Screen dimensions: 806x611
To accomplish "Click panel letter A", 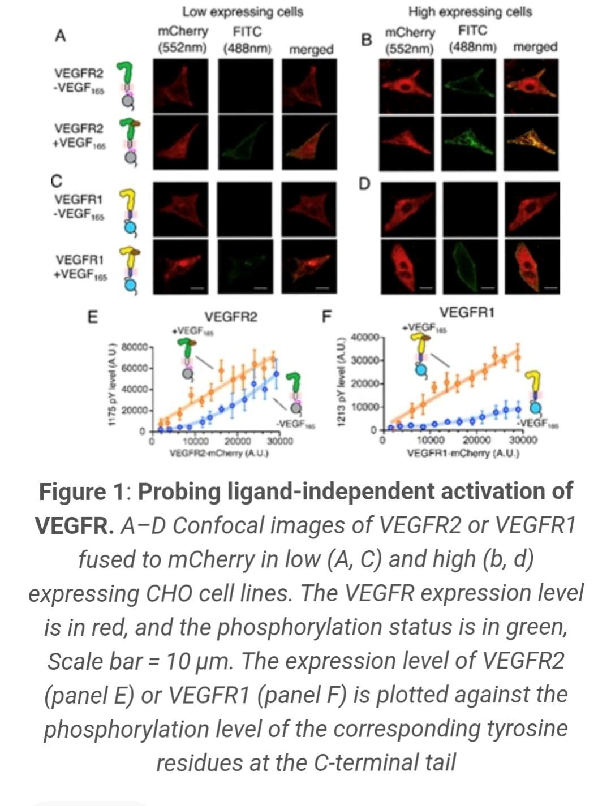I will pyautogui.click(x=61, y=36).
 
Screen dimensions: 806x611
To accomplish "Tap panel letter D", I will pyautogui.click(x=365, y=185).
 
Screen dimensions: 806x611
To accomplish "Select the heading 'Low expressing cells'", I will pyautogui.click(x=242, y=11).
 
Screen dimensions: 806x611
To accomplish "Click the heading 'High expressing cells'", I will pyautogui.click(x=470, y=11).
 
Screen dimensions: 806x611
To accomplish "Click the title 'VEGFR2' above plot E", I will pyautogui.click(x=230, y=317).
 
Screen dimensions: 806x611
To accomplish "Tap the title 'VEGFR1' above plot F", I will pyautogui.click(x=467, y=312).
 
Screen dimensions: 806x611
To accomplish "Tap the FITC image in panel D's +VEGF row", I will pyautogui.click(x=467, y=267).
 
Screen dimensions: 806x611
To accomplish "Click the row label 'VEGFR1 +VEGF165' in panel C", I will pyautogui.click(x=80, y=267).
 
